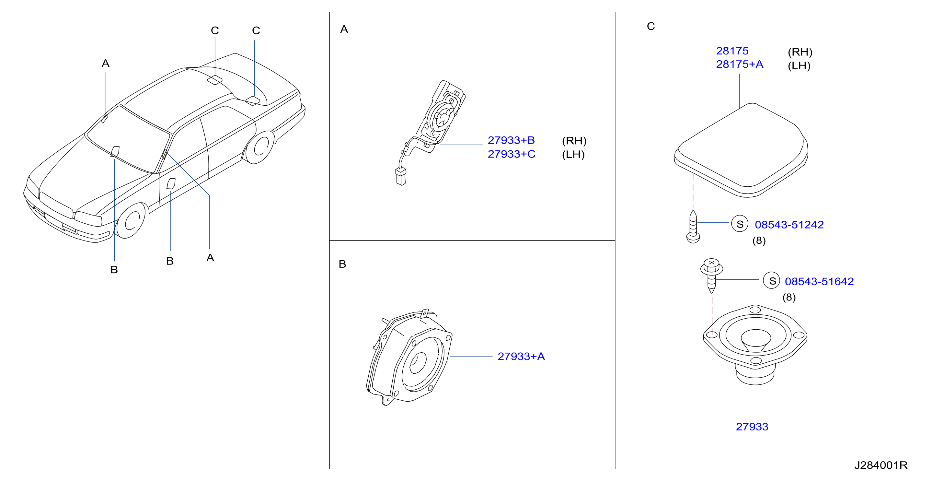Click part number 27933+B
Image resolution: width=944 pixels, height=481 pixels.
(511, 140)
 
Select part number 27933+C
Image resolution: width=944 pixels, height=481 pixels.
(511, 154)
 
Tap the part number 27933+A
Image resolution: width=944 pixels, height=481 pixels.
(521, 356)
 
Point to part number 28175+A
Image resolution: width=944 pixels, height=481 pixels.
(740, 64)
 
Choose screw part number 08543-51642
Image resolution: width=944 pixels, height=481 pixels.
(819, 282)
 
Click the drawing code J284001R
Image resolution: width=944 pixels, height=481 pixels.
(881, 465)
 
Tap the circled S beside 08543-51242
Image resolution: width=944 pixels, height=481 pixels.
(740, 224)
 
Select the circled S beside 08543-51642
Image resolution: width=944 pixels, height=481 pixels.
(772, 280)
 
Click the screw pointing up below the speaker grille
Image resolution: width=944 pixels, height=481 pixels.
(693, 226)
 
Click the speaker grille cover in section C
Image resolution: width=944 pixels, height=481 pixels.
(741, 150)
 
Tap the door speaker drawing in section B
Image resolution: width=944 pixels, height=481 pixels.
(409, 357)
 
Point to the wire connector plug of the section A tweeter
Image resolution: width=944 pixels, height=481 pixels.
(401, 176)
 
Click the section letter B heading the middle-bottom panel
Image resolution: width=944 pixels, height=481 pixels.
(342, 264)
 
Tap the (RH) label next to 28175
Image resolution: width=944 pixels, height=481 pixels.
(800, 52)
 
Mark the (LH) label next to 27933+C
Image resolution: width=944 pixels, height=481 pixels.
(573, 155)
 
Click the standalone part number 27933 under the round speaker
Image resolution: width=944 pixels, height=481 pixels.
(752, 427)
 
